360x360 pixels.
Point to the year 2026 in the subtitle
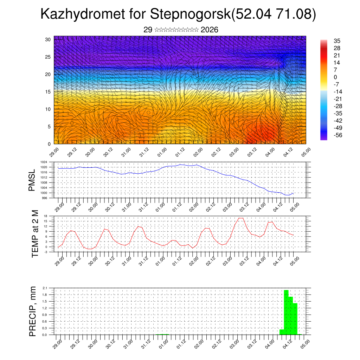(x=210, y=30)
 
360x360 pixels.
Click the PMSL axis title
(x=32, y=180)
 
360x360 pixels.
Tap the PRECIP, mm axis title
(x=33, y=311)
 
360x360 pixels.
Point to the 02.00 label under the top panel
(x=197, y=152)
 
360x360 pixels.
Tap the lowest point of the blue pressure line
(x=288, y=195)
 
